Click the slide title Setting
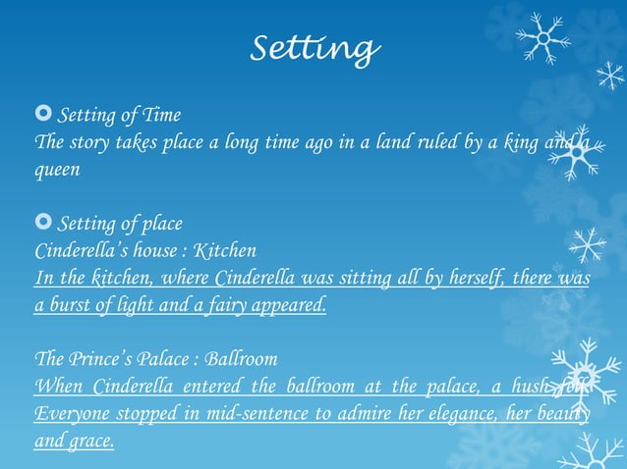(313, 46)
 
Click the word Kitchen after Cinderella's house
(227, 250)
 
